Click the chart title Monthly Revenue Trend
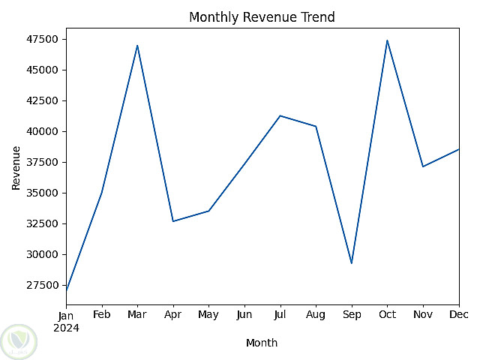click(x=262, y=17)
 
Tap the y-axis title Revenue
click(x=16, y=167)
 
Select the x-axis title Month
click(x=262, y=343)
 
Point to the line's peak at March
click(x=137, y=45)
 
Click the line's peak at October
click(x=387, y=40)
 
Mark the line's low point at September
click(x=352, y=263)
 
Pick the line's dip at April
click(x=173, y=221)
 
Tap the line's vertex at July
click(x=280, y=115)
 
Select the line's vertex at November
click(x=423, y=166)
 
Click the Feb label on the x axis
click(x=102, y=315)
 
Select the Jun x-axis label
click(x=244, y=315)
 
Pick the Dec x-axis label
click(x=458, y=315)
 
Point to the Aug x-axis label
click(x=316, y=315)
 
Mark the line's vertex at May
click(x=208, y=211)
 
